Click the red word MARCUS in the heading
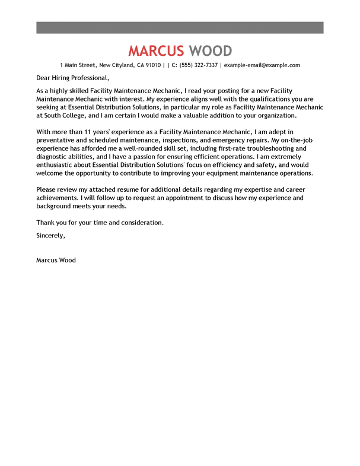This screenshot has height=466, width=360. pyautogui.click(x=156, y=50)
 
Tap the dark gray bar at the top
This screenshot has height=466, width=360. pyautogui.click(x=180, y=27)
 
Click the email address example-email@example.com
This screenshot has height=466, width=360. pyautogui.click(x=262, y=65)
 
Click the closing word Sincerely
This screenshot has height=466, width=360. pyautogui.click(x=50, y=235)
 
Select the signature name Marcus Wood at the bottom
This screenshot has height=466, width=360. pyautogui.click(x=56, y=260)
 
